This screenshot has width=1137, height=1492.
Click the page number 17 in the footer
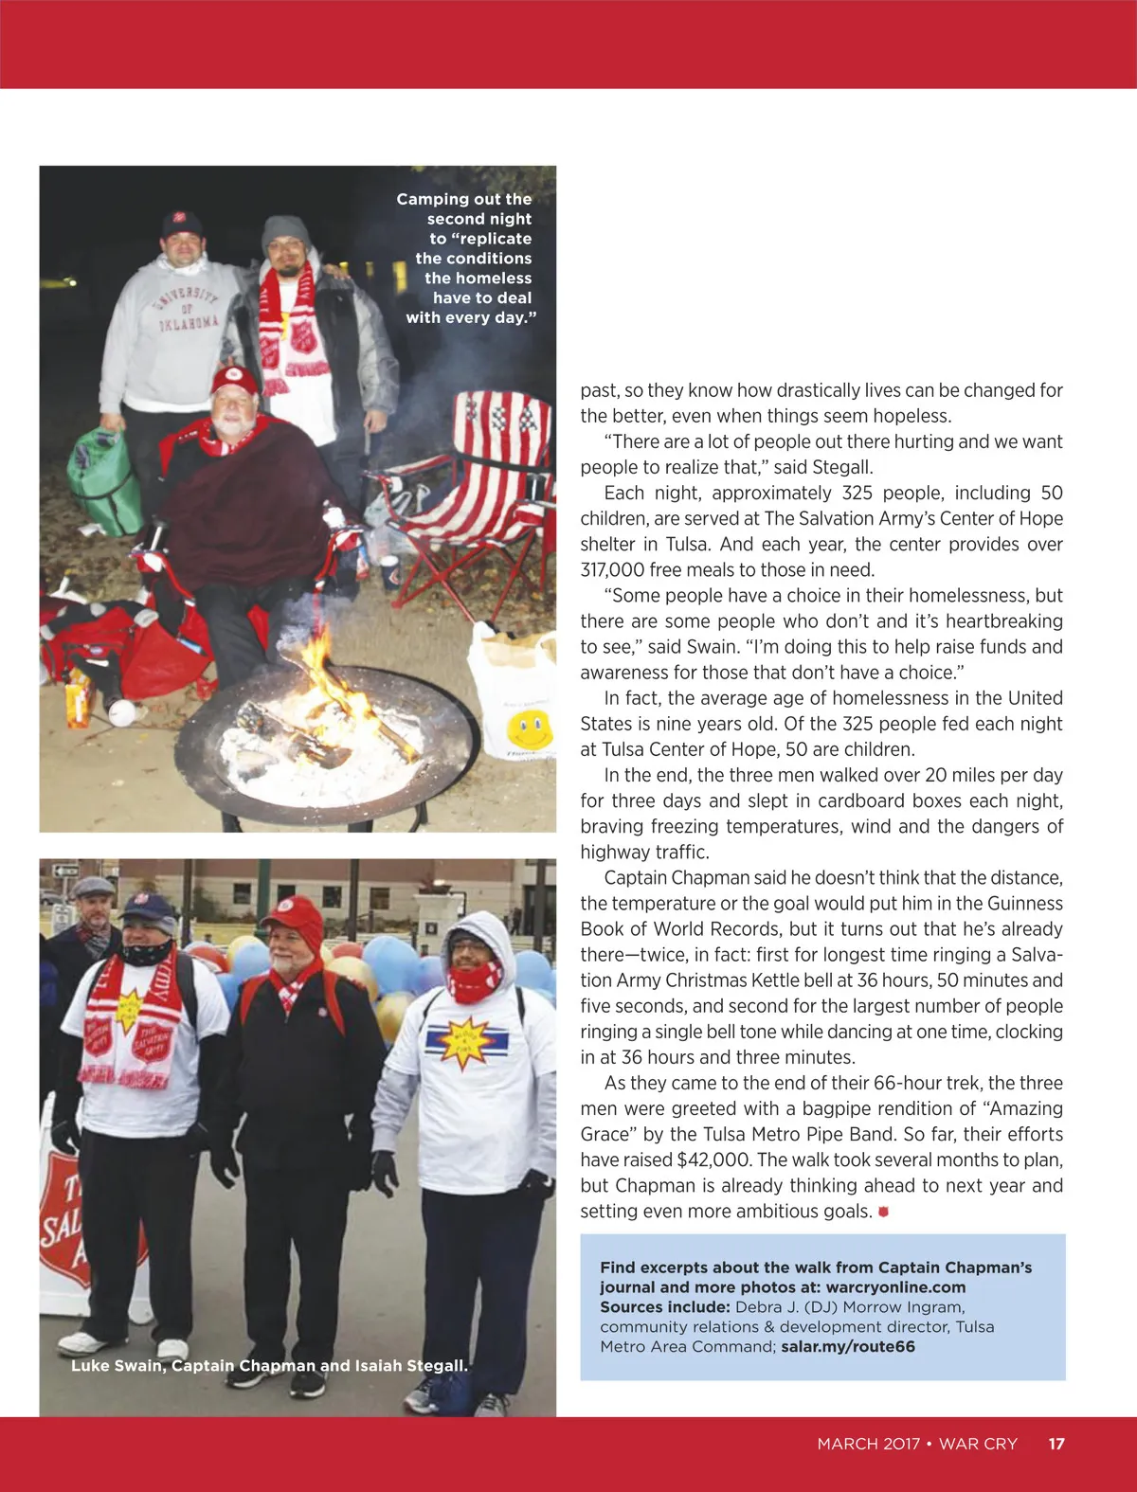click(x=1056, y=1444)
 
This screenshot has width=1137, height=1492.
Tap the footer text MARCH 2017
click(x=869, y=1444)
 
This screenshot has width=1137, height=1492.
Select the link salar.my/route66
click(x=848, y=1346)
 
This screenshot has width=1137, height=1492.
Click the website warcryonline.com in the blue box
click(x=895, y=1287)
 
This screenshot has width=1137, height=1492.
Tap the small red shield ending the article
click(x=884, y=1212)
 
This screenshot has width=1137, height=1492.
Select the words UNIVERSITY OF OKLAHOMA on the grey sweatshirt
click(x=189, y=308)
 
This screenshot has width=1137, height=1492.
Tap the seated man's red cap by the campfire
click(x=234, y=380)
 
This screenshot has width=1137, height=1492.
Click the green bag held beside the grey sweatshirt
click(x=103, y=478)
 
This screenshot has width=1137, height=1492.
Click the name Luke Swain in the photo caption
click(x=116, y=1365)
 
